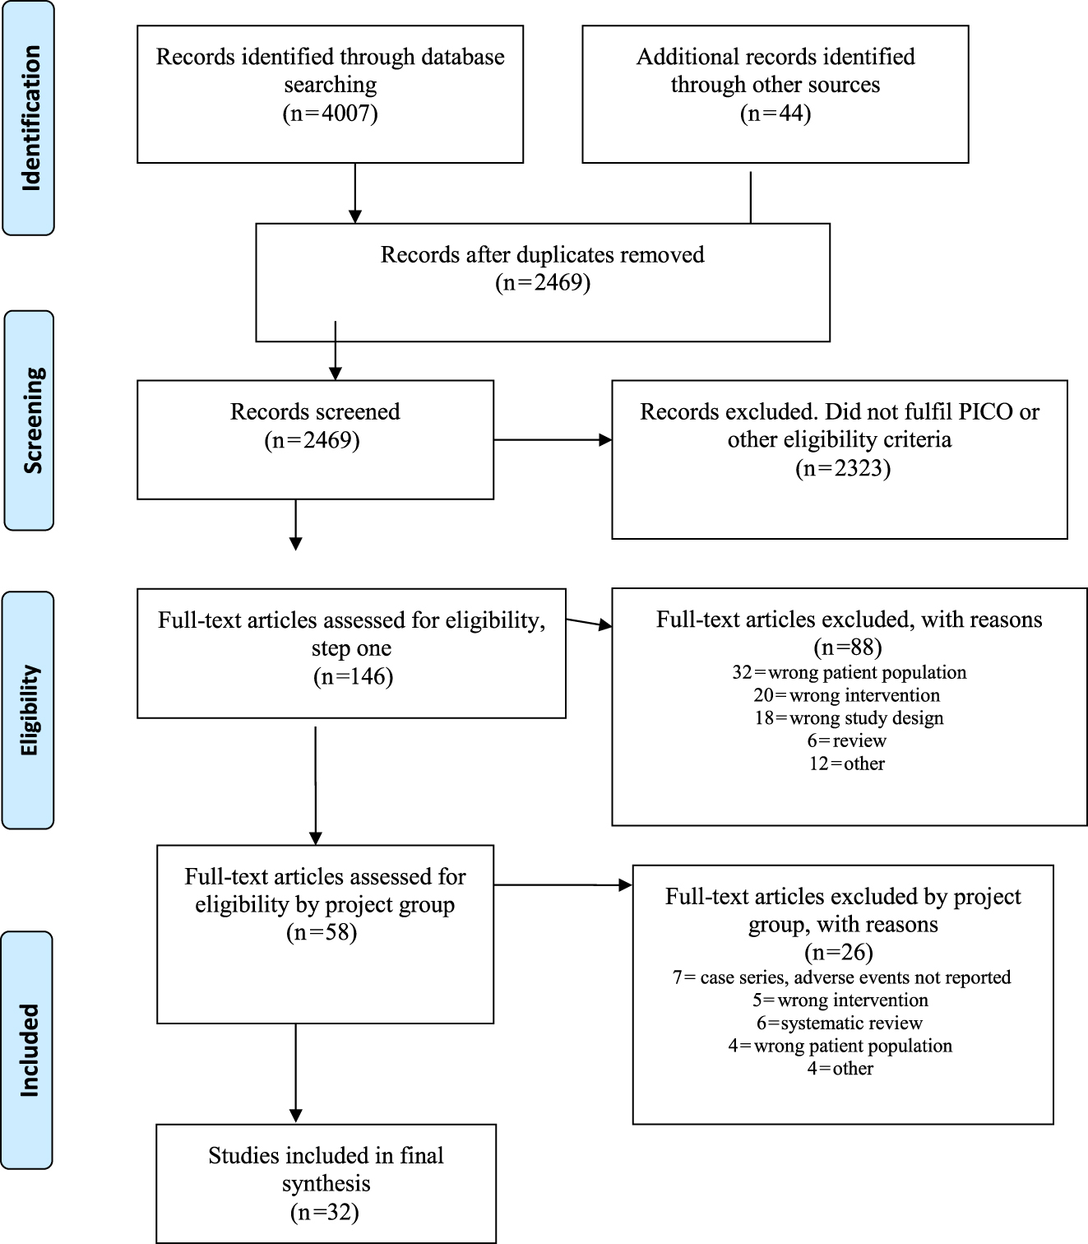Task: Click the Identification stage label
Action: [30, 118]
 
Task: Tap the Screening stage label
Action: [30, 420]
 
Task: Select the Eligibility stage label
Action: [30, 709]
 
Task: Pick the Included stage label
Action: [30, 1050]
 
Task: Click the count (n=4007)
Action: [330, 113]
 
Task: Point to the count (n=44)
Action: [775, 113]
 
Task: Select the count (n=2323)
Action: [842, 468]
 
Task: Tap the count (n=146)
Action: [353, 676]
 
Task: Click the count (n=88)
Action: [848, 648]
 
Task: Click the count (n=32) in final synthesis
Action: [325, 1212]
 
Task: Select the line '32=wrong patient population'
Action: [849, 672]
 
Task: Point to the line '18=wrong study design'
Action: [849, 717]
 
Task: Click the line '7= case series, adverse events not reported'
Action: [841, 977]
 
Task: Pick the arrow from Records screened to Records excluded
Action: [553, 440]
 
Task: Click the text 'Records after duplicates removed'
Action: [542, 254]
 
